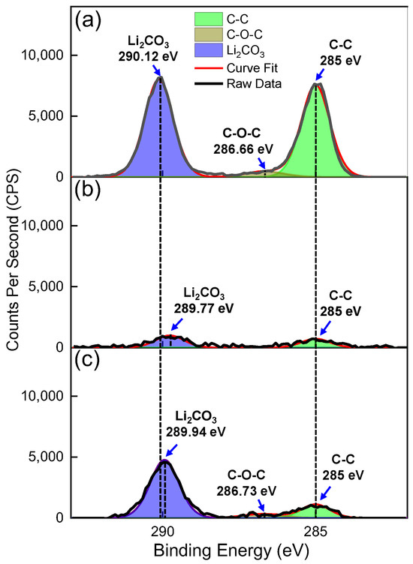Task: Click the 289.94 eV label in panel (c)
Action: pyautogui.click(x=188, y=433)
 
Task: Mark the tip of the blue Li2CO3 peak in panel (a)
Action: pyautogui.click(x=159, y=77)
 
